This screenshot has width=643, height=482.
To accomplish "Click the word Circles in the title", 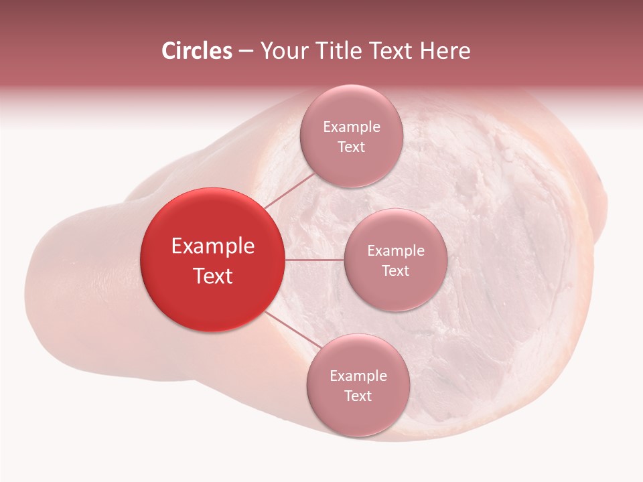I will click(x=197, y=51).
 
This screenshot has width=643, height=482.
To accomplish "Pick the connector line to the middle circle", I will click(x=315, y=260).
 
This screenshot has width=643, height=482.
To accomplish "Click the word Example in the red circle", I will click(x=213, y=246).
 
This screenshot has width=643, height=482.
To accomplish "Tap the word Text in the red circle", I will click(x=213, y=276).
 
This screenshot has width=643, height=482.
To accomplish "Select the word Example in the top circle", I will click(x=351, y=127).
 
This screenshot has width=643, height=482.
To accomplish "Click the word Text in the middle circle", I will click(x=395, y=271).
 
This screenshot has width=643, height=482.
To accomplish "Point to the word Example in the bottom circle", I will click(x=358, y=376).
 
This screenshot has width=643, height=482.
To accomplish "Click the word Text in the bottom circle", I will click(x=358, y=396).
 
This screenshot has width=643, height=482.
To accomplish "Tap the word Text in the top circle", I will click(x=351, y=147).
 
